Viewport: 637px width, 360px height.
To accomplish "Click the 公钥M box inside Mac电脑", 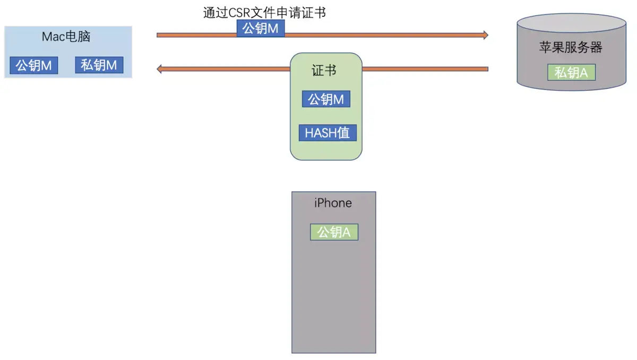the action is coord(34,65).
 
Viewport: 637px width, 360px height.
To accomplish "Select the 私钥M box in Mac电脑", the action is coord(99,65).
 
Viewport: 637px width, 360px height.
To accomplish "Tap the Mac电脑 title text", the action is coord(66,37).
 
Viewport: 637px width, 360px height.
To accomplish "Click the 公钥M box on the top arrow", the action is coord(261,29).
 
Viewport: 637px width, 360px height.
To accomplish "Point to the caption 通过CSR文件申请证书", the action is coord(264,12).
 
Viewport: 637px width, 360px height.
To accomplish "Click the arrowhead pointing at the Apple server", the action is coord(484,35).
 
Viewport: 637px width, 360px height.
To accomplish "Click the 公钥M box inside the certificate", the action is coord(326,99).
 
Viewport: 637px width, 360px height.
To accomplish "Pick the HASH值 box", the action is coord(328,133).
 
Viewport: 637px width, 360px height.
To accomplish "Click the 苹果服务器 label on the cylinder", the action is coord(571,47).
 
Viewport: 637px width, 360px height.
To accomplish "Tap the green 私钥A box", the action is coord(571,72).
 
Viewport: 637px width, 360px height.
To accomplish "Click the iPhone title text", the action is coord(333,203).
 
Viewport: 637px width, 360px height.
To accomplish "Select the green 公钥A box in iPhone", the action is coord(334,232).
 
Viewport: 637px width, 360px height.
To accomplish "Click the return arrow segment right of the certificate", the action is coord(425,69).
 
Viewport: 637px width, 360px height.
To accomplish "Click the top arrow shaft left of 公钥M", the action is coord(196,35).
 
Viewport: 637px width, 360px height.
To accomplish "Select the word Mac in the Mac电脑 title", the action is coord(53,37).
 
